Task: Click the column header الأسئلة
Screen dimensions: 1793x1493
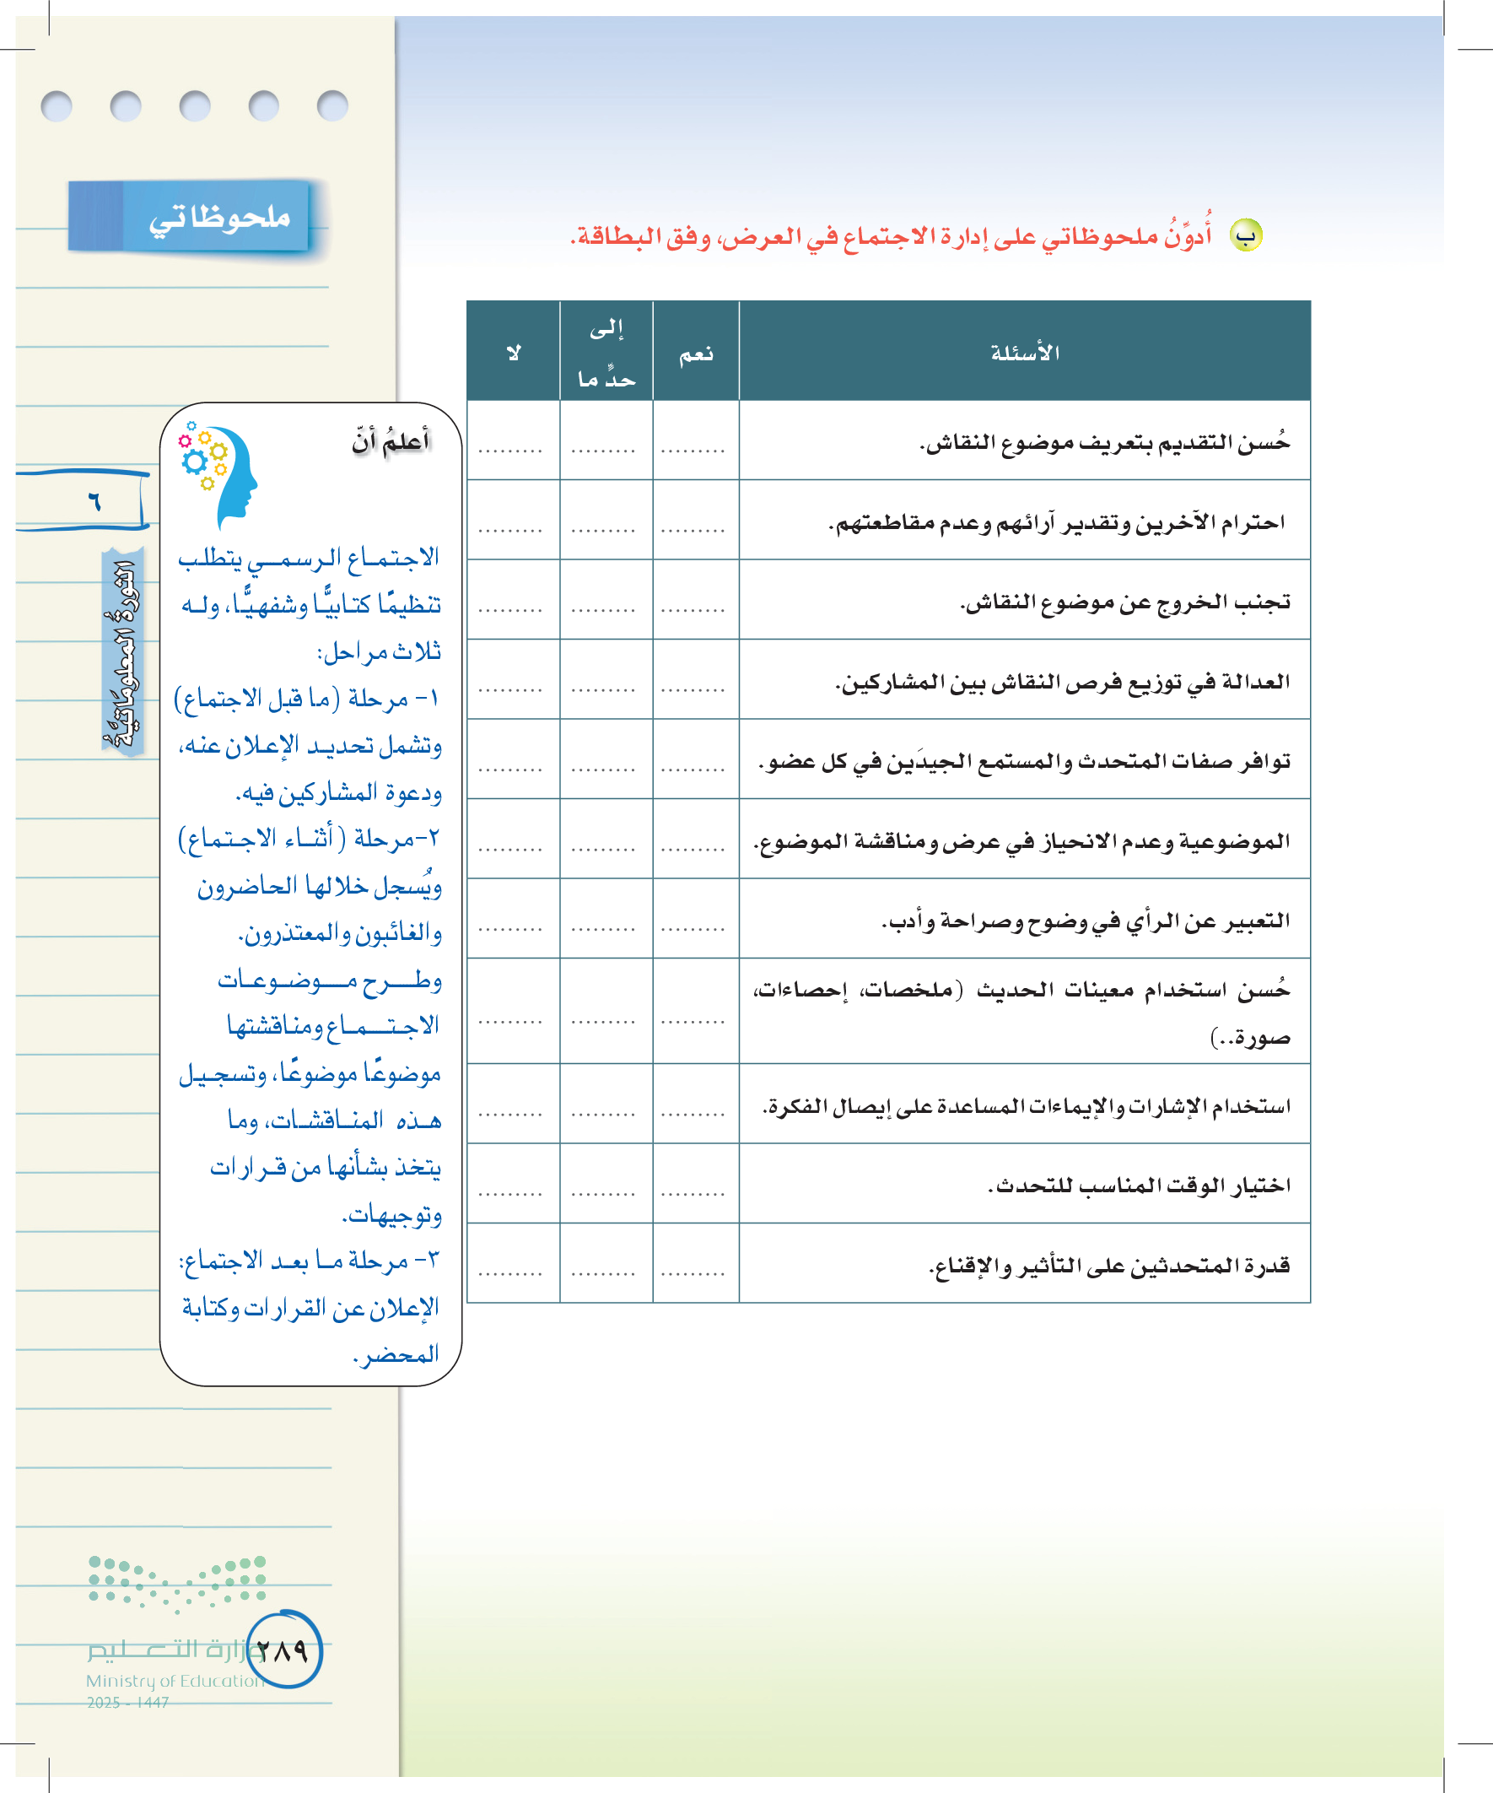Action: click(1024, 353)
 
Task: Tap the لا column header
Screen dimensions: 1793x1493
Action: click(513, 353)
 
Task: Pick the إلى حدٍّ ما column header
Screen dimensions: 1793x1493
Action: click(606, 353)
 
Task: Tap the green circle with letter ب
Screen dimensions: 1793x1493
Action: click(1246, 235)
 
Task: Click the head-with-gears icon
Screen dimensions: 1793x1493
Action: click(218, 475)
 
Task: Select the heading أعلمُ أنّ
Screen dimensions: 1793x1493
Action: click(391, 441)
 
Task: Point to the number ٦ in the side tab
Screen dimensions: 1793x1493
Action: click(94, 500)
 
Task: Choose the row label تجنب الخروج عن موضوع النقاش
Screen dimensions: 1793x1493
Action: click(1125, 601)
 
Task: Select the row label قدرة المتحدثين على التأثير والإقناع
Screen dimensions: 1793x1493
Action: click(1109, 1265)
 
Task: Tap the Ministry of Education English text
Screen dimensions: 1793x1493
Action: click(175, 1681)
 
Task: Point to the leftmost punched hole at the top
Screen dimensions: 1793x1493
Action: click(57, 106)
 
